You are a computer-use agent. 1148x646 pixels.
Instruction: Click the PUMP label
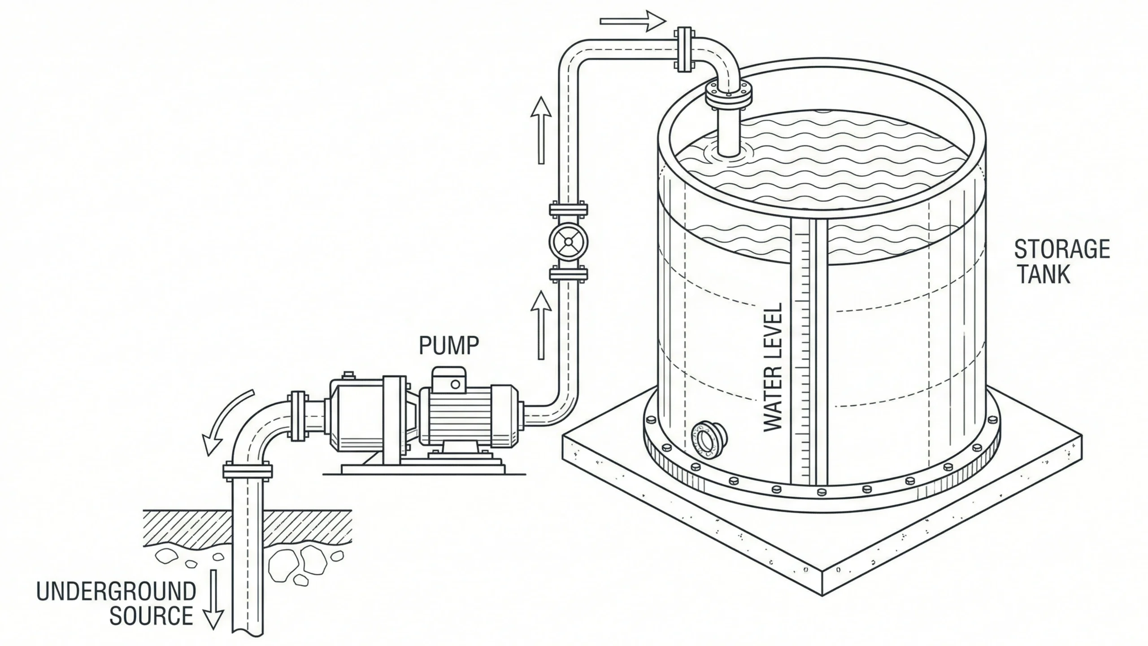coord(449,345)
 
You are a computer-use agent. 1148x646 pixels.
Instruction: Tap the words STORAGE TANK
coord(1061,262)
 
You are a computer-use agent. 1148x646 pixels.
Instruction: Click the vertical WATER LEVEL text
coord(773,368)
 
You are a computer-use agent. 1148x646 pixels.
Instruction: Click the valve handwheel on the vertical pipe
coord(568,242)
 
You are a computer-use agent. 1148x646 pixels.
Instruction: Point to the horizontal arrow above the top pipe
coord(632,21)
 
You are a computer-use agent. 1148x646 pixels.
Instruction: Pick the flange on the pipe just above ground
coord(248,471)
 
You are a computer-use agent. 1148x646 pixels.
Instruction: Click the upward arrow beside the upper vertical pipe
coord(541,130)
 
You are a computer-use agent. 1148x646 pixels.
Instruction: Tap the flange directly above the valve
coord(568,209)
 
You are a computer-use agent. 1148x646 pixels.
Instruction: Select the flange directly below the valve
coord(568,274)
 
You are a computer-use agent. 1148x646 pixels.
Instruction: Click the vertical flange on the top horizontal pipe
coord(684,49)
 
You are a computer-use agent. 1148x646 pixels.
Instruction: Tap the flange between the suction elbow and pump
coord(298,416)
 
